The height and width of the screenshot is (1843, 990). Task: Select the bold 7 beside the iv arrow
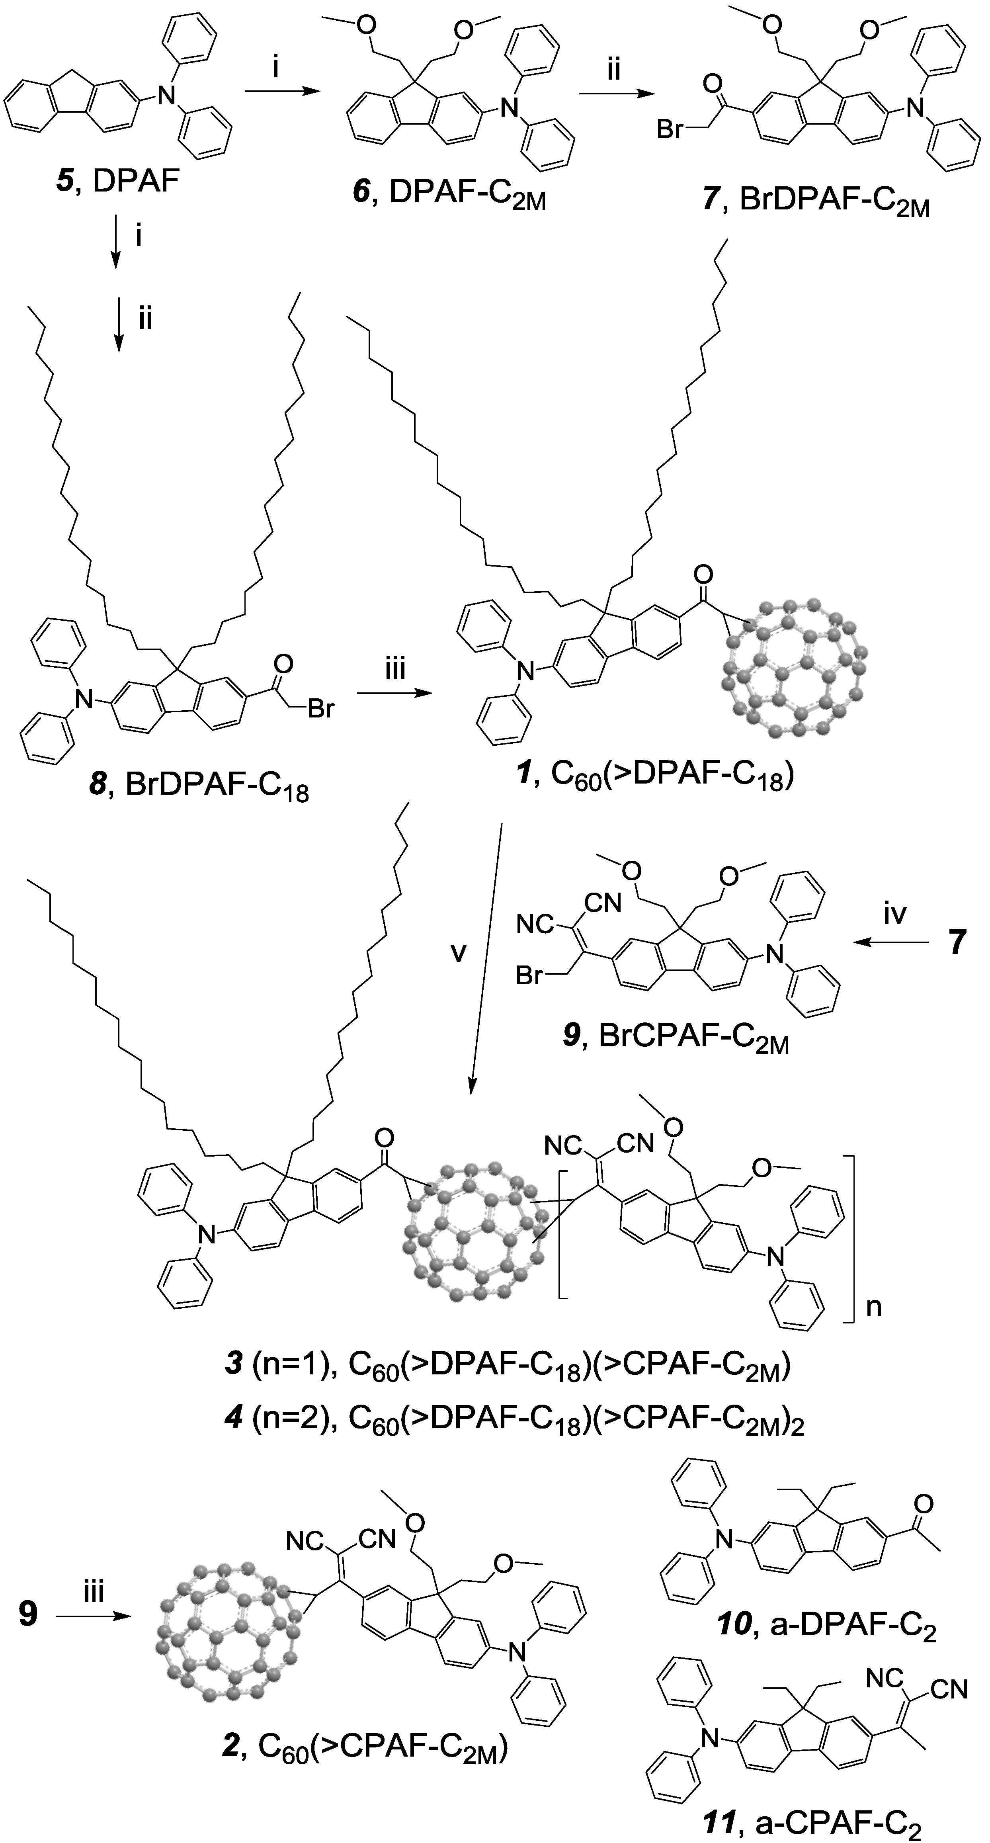pyautogui.click(x=957, y=943)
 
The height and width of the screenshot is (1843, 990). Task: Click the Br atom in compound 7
pyautogui.click(x=670, y=131)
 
